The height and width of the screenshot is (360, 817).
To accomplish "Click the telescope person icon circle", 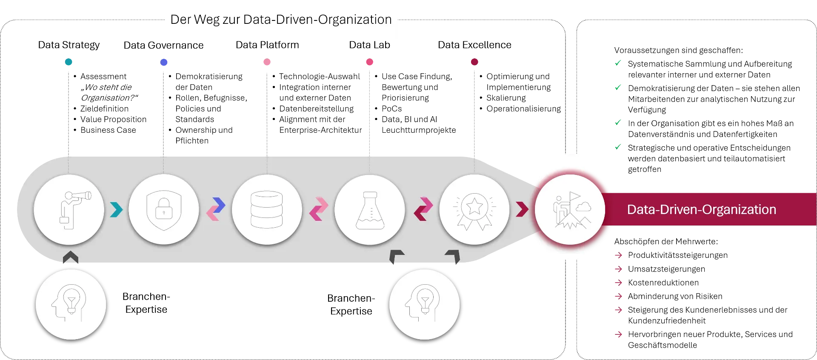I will (x=69, y=209).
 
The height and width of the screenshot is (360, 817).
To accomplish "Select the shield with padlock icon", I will (x=164, y=209).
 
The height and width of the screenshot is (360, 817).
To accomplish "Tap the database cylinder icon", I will (x=267, y=209).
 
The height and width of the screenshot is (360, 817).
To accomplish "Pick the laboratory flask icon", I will (x=370, y=209).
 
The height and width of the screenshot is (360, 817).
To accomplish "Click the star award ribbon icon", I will (x=474, y=209).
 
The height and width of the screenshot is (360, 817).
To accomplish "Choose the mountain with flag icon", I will (x=570, y=209).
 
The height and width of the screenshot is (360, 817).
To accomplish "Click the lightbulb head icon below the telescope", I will (x=71, y=304).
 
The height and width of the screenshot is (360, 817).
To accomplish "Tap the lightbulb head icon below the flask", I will (x=424, y=304).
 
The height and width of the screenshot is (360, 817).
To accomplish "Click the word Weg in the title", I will (x=206, y=20).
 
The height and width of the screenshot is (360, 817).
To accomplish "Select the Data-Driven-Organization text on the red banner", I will (x=701, y=209).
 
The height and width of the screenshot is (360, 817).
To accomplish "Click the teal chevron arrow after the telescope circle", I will (x=116, y=209).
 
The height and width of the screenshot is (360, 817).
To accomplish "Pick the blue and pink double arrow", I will (x=216, y=209).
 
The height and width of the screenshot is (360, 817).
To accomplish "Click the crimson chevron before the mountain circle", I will (x=522, y=209).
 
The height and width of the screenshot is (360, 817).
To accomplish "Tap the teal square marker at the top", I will (x=69, y=63).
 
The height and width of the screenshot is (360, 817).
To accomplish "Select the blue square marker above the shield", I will (x=165, y=63).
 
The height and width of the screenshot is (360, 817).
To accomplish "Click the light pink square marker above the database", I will (x=267, y=63).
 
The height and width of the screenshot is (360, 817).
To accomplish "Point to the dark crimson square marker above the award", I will (x=474, y=63).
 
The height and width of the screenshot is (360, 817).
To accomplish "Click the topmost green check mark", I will (x=618, y=63).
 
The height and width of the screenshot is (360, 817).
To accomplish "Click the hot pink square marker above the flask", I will (x=369, y=63).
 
